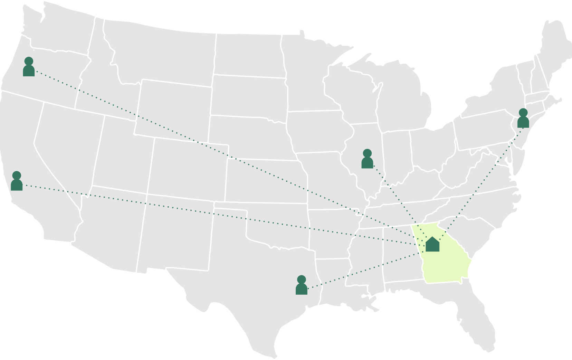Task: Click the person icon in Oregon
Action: [29, 67]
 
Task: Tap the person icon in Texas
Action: [302, 286]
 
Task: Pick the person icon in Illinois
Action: [367, 159]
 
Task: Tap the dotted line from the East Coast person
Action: [484, 176]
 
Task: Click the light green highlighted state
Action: [446, 266]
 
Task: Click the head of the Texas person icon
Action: [302, 279]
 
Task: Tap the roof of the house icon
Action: [432, 240]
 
